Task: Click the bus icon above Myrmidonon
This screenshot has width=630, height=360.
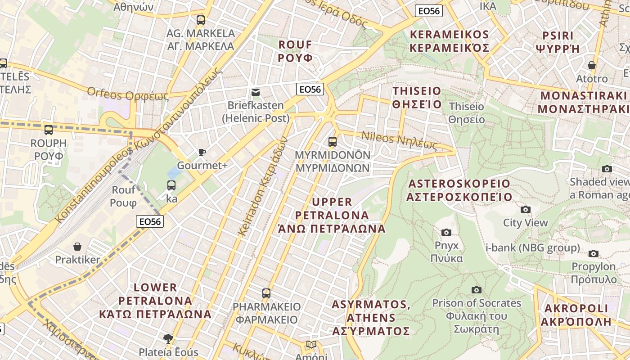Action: (x=333, y=142)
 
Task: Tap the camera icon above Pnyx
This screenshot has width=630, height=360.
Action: (x=446, y=232)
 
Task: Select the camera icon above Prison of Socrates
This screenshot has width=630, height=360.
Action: (x=477, y=290)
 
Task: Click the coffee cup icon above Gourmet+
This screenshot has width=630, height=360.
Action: (x=202, y=153)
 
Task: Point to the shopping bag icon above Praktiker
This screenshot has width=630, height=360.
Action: (x=78, y=247)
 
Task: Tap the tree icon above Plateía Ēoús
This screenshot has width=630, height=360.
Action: (x=168, y=338)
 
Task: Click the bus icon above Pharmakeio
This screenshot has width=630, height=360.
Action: (x=266, y=293)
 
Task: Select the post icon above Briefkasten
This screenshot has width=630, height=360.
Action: (x=256, y=92)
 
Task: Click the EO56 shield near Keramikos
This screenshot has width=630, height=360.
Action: (x=429, y=11)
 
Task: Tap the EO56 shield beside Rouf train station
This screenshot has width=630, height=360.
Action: (x=150, y=221)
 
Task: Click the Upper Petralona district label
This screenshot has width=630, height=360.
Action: (x=332, y=215)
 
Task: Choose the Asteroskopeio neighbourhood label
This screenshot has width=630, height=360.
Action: (x=459, y=190)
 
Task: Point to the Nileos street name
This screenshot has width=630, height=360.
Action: (x=399, y=140)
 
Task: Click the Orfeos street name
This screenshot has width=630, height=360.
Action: (x=128, y=94)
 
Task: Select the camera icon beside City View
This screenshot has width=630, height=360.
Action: (x=525, y=209)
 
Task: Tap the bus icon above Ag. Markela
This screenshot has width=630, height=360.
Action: (x=201, y=20)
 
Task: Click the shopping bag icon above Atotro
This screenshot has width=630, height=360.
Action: (x=592, y=66)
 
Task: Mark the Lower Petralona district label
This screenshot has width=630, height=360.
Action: (x=156, y=301)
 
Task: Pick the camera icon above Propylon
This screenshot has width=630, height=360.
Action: (x=594, y=253)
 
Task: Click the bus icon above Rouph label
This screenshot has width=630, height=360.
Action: (x=49, y=130)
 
